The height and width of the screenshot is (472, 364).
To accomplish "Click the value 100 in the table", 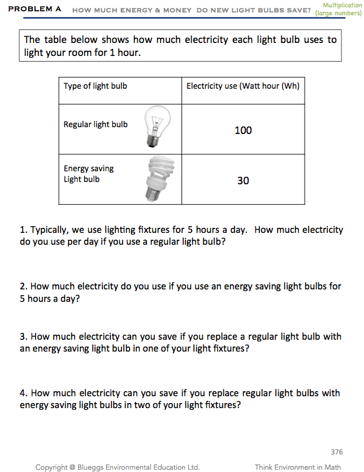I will coord(243,131).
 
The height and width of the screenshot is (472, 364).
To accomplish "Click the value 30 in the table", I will coord(243,181).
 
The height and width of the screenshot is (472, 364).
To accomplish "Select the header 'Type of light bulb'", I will coord(95,86).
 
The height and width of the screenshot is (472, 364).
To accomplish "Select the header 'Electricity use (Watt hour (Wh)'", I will coord(243,86).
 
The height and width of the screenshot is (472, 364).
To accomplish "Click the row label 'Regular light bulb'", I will coord(96,124).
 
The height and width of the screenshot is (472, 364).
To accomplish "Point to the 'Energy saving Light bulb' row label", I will coord(89,174).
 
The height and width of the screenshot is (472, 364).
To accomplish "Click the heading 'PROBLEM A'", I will coord(35,10).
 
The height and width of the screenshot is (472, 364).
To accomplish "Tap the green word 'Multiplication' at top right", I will coord(341,5).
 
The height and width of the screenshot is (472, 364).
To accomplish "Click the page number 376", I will coord(336,452).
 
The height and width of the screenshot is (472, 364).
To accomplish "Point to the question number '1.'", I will coord(23,230).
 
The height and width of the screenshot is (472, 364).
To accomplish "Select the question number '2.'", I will coord(23,287).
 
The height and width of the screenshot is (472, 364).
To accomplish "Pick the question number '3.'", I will coord(23,336).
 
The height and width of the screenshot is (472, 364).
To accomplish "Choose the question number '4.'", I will coord(23,393).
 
